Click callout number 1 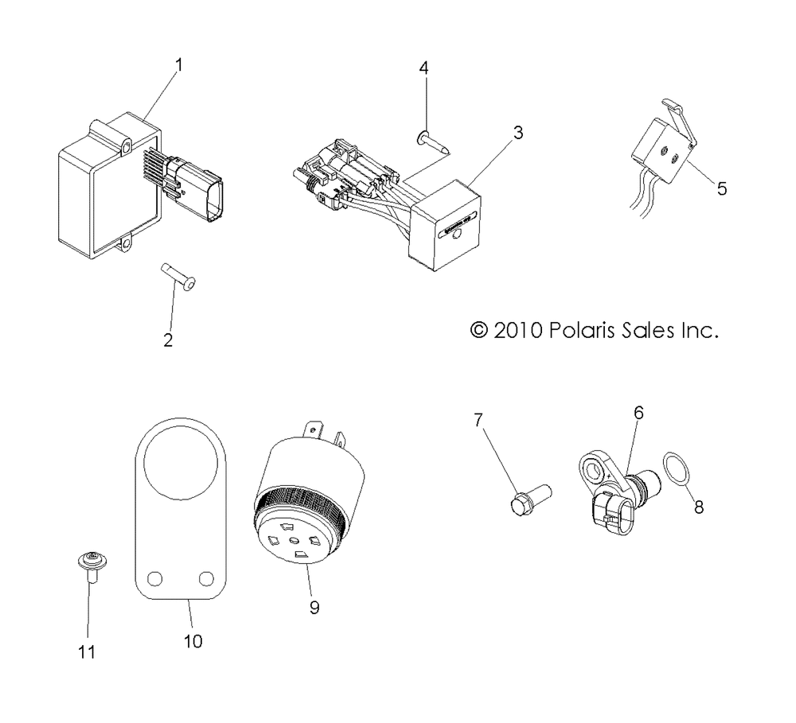coord(178,65)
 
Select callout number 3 coord(518,132)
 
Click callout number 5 coord(722,189)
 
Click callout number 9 coord(314,608)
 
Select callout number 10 coord(193,641)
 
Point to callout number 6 coord(638,413)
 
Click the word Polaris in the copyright coord(576,330)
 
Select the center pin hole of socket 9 coord(294,541)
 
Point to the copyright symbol coord(478,330)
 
